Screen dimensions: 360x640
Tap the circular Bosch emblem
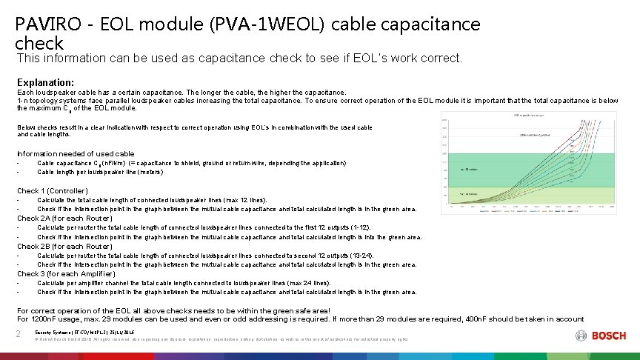tap(581, 336)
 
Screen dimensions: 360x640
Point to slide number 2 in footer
tap(19, 335)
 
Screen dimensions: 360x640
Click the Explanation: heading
tap(45, 82)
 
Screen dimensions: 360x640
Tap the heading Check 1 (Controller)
tap(52, 191)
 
